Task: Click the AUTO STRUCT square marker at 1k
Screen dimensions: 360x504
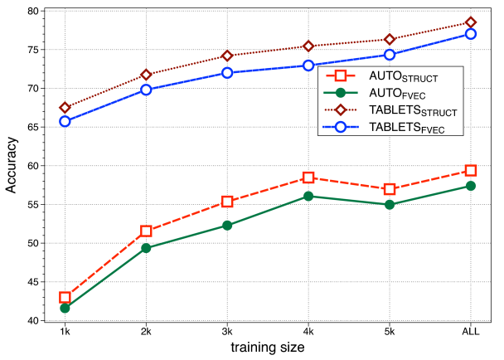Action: point(65,297)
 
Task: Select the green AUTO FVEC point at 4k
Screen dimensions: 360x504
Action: point(308,196)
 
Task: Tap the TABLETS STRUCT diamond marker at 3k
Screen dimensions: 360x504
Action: point(227,56)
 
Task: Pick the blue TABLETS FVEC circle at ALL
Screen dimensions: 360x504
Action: point(471,34)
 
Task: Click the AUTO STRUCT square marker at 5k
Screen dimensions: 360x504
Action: point(390,189)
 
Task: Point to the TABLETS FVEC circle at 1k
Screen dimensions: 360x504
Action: point(65,121)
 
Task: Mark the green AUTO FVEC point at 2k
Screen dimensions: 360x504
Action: point(146,248)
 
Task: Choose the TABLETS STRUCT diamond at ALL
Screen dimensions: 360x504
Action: point(471,22)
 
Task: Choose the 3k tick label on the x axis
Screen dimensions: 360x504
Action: point(227,331)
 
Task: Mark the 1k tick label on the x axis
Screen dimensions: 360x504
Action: point(65,331)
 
